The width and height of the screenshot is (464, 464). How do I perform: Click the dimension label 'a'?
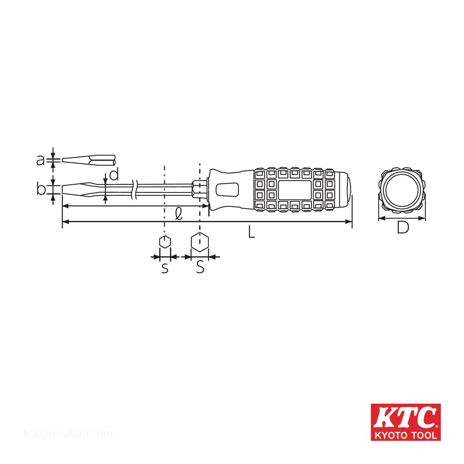click(40, 160)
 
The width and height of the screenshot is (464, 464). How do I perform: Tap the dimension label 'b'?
click(41, 188)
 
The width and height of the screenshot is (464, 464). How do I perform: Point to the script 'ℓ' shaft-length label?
click(179, 213)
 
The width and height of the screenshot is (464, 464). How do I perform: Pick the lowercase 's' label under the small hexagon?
click(165, 268)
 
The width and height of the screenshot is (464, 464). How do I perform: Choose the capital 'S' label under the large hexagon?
click(200, 267)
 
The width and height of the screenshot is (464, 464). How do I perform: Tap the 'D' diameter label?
click(403, 227)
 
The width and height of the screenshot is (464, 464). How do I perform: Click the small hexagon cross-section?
click(165, 242)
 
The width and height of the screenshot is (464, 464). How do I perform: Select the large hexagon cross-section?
click(200, 242)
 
